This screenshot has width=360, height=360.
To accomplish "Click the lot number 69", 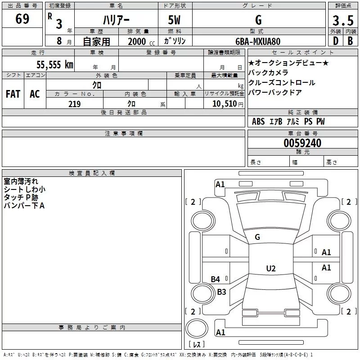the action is pyautogui.click(x=22, y=19).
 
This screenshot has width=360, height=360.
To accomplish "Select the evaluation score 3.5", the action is pyautogui.click(x=342, y=21).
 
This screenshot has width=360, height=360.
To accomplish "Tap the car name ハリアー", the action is pyautogui.click(x=116, y=20).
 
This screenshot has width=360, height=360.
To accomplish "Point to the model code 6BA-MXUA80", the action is pyautogui.click(x=258, y=41).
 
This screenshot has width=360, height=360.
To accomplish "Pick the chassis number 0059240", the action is pyautogui.click(x=302, y=144).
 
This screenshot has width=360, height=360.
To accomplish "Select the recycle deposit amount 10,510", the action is pyautogui.click(x=224, y=104).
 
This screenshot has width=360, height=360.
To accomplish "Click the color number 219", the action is pyautogui.click(x=74, y=104).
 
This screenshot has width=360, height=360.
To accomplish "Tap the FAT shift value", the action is pyautogui.click(x=13, y=94).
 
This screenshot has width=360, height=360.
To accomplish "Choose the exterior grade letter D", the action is pyautogui.click(x=335, y=41).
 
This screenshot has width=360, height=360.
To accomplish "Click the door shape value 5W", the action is pyautogui.click(x=175, y=20).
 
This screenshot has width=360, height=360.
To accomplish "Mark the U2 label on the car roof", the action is pyautogui.click(x=270, y=269).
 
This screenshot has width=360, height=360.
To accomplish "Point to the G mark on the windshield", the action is pyautogui.click(x=257, y=237).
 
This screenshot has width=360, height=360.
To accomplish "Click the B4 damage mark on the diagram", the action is pyautogui.click(x=216, y=279).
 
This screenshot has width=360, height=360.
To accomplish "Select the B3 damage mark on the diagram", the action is pyautogui.click(x=221, y=292).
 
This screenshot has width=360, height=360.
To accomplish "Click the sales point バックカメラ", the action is pyautogui.click(x=268, y=72).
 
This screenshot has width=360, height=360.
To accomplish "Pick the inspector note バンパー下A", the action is pyautogui.click(x=24, y=206).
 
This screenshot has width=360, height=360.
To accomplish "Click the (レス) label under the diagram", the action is pyautogui.click(x=197, y=345).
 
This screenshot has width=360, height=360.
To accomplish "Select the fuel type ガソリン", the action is pyautogui.click(x=175, y=41).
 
